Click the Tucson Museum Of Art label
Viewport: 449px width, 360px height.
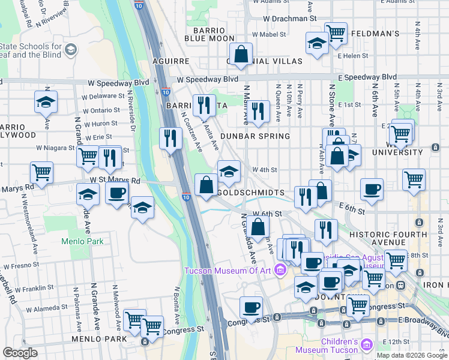pos(228,270)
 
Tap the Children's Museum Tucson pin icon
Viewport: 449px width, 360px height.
pos(367,346)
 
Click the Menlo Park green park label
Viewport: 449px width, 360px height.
pos(83,242)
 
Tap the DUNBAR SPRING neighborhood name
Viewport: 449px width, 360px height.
pos(255,136)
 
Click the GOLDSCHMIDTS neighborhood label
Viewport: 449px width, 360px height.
pos(250,193)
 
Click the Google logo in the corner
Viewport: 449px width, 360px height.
pos(20,353)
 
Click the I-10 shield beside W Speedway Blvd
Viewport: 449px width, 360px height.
pos(165,92)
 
